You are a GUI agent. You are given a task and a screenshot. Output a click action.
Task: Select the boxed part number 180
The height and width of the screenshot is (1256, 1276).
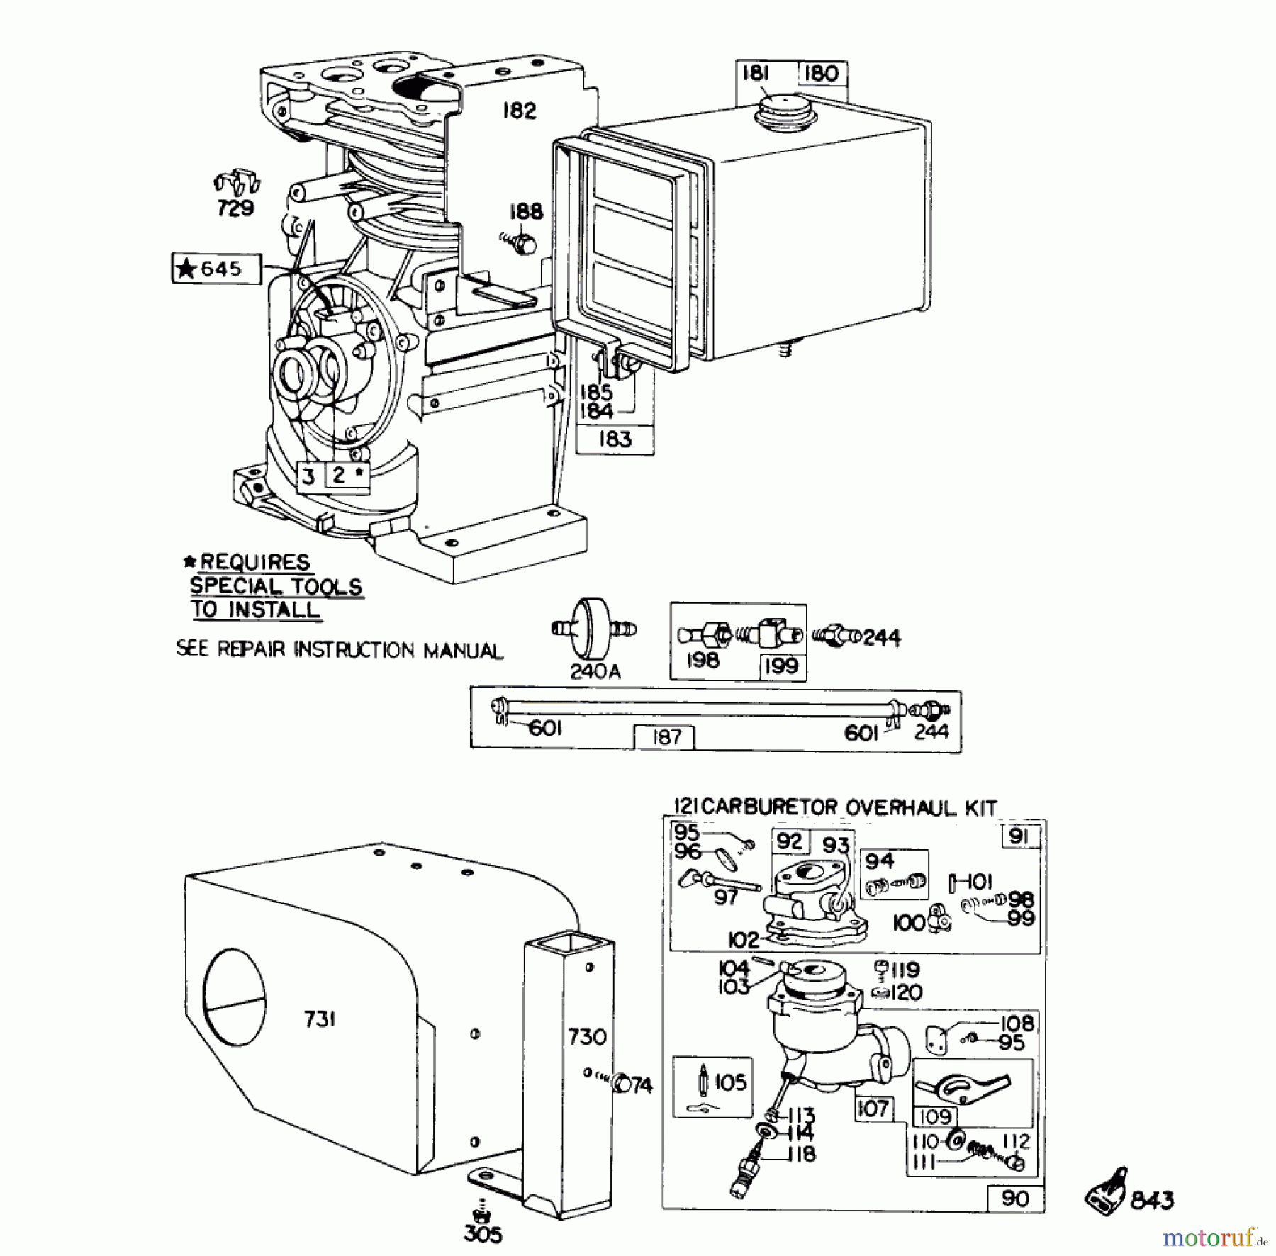(x=822, y=74)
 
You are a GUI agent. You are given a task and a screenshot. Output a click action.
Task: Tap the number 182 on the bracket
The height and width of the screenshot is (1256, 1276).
(x=520, y=111)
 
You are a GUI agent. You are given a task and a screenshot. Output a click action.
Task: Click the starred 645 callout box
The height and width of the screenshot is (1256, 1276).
(x=216, y=269)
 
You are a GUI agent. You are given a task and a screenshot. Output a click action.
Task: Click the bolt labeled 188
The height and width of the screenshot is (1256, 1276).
(x=524, y=244)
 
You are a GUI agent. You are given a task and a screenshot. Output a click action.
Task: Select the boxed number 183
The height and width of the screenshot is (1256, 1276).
(x=615, y=439)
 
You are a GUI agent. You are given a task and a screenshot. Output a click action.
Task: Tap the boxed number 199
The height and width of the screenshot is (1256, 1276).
(x=782, y=666)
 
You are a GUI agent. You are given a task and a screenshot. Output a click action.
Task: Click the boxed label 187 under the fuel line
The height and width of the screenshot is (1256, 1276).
(x=664, y=738)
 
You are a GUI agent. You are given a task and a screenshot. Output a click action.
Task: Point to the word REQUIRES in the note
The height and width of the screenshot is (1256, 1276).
(x=255, y=563)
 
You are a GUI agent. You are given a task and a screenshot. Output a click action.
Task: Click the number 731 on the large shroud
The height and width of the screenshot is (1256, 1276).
(x=320, y=1019)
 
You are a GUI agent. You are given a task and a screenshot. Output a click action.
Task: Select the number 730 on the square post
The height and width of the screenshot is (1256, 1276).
(x=587, y=1037)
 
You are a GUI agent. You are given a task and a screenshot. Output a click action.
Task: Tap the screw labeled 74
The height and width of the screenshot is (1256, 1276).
(x=624, y=1083)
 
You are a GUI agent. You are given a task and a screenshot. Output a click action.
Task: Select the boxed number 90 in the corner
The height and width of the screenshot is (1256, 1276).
(x=1016, y=1199)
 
